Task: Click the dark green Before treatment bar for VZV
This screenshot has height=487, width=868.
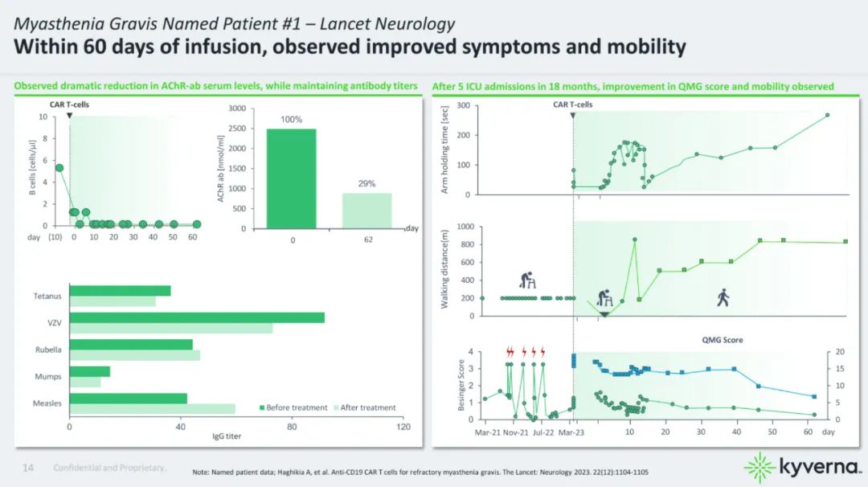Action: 197,317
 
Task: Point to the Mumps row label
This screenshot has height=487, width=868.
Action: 48,376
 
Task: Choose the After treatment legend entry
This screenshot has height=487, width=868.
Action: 364,407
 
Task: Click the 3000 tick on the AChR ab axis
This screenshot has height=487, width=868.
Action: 234,108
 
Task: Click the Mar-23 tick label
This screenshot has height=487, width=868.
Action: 571,432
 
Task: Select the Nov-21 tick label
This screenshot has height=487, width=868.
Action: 515,432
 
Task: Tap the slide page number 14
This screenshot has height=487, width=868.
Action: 28,467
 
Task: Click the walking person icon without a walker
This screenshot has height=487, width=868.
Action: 723,298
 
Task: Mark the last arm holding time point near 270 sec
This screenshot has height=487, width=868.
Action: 827,115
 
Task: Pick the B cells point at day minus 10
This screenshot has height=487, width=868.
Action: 59,168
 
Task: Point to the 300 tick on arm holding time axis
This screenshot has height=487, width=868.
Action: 464,105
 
